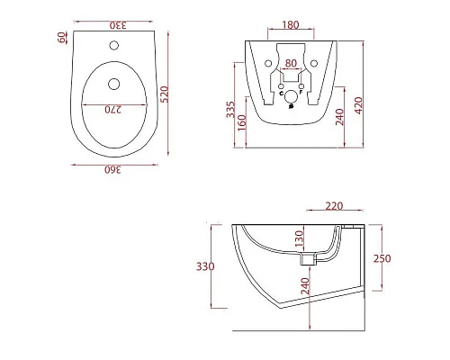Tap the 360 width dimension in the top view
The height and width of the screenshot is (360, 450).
110,168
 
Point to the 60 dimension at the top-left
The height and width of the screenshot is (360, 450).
62,38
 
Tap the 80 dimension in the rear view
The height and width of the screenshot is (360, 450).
291,64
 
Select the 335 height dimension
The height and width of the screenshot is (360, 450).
231,110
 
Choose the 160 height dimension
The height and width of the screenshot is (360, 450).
243,121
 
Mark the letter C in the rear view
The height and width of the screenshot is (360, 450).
282,93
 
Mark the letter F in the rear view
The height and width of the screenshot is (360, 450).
300,93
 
